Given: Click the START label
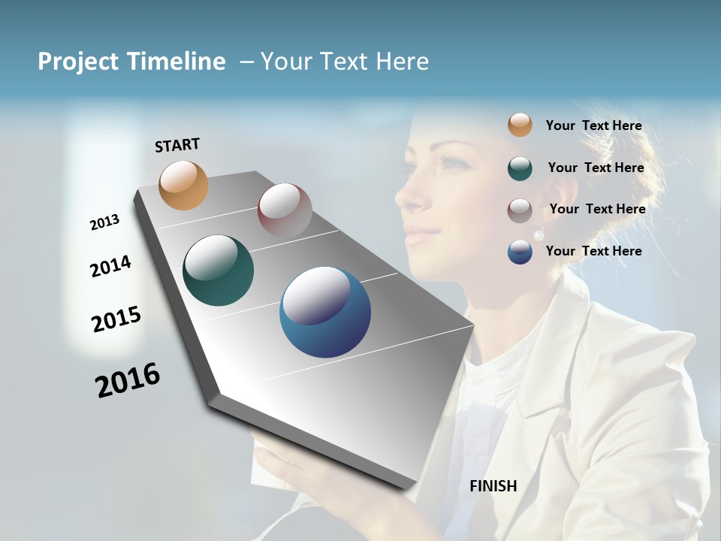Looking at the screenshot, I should tap(177, 145).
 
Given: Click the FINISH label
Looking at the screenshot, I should tap(493, 486).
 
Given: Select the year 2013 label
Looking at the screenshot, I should tap(104, 222).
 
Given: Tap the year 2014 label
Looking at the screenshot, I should tap(110, 266).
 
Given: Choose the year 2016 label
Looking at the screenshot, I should tap(128, 379).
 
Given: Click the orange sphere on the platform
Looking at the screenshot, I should tap(184, 185).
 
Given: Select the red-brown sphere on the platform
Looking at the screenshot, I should tap(285, 210).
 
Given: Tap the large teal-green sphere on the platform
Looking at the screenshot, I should tap(219, 270).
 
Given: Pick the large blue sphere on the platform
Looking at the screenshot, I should tap(325, 312).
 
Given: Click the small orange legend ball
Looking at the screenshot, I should tap(520, 125).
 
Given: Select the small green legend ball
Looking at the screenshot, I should tap(520, 168).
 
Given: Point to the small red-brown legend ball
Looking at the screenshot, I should tap(520, 210).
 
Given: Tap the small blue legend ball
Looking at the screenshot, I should tap(520, 252).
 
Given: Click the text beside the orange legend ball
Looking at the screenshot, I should tap(593, 125).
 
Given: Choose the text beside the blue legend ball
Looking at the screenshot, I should tap(593, 251).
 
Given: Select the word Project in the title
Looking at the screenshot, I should tap(77, 62).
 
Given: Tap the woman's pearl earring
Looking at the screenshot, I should tap(538, 235).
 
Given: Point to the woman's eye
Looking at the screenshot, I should tap(449, 161).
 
